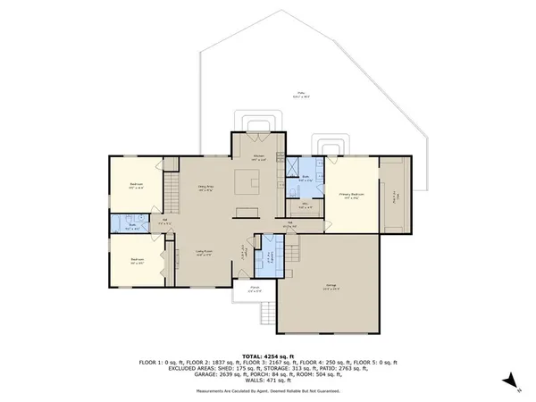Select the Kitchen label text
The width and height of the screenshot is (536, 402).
(258, 157)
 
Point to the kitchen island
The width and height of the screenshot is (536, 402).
(247, 183)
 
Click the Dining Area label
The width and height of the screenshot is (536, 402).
(205, 188)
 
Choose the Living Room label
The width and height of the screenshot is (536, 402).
(205, 254)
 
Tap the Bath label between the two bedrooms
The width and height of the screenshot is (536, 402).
(132, 225)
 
